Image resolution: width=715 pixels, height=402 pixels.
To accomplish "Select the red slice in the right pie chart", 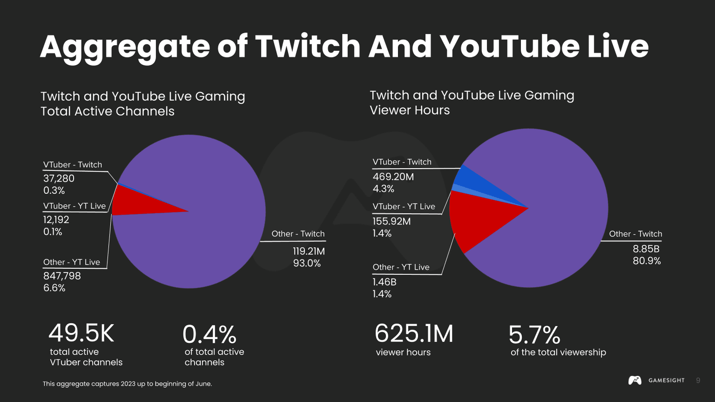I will (477, 217).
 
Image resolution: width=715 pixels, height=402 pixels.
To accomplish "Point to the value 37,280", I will (59, 178).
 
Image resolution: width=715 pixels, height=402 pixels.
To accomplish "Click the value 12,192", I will (56, 220).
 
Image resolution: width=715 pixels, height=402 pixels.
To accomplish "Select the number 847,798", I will (62, 276).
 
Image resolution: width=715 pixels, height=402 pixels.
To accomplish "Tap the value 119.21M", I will (309, 251).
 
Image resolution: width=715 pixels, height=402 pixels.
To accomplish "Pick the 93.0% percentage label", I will (307, 263).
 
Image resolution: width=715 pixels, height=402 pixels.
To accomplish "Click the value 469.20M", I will (393, 177).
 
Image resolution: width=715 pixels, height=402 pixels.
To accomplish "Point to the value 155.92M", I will (392, 221).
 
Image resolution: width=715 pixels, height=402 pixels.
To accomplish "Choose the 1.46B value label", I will (384, 282).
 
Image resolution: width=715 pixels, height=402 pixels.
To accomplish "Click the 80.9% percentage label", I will (646, 261).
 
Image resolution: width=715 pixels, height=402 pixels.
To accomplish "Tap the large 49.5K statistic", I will (81, 333).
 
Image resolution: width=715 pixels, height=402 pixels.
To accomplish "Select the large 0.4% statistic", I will (209, 334).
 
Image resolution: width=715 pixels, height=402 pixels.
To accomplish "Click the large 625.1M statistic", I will (414, 333).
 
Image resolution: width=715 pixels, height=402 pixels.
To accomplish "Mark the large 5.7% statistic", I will (534, 335).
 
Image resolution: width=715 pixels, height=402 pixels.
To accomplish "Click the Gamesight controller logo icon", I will (635, 380).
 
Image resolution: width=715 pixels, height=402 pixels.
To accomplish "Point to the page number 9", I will (698, 380).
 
